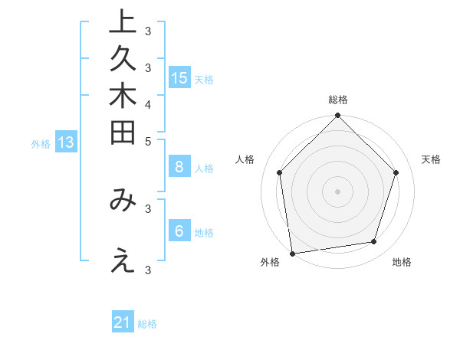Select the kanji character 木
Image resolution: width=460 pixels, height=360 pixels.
122,97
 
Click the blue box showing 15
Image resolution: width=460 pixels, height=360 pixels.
179,77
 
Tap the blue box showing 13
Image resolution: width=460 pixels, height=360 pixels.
66,142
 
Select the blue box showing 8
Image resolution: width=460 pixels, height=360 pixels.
179,167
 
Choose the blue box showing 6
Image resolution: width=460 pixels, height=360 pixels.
179,231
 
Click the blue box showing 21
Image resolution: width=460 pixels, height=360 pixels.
123,322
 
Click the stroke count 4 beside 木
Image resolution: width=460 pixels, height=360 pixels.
148,103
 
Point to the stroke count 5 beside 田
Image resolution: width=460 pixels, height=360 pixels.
148,141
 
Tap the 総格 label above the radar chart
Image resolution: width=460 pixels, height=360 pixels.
338,100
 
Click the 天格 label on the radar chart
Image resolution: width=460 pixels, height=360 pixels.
432,159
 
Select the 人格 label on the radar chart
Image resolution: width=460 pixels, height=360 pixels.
245,159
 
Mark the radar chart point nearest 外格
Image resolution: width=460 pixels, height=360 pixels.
292,253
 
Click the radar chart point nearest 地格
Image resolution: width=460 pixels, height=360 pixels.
374,241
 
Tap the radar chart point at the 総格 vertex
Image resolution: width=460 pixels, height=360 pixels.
337,116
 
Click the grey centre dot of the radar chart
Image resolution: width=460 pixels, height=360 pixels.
337,191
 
